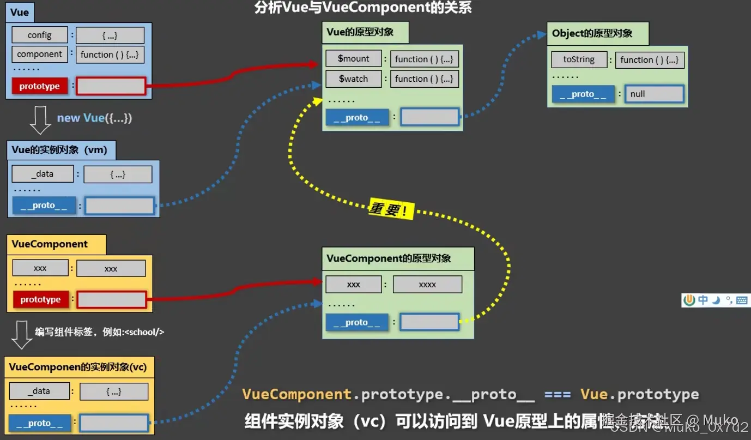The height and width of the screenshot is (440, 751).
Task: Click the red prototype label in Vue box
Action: [x=40, y=86]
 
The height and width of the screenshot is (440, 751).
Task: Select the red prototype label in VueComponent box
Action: [x=41, y=299]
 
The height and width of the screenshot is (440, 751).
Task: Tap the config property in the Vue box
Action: [x=40, y=35]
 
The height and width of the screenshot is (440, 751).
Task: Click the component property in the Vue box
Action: [x=40, y=54]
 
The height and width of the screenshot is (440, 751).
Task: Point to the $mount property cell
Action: [x=354, y=59]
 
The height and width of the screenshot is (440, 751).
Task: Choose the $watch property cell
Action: [x=354, y=79]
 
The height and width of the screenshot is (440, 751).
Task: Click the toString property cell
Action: [x=579, y=59]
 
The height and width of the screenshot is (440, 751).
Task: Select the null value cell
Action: [x=654, y=94]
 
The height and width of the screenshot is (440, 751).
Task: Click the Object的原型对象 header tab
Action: [x=597, y=33]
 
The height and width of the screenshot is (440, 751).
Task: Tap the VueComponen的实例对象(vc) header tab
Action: [x=78, y=367]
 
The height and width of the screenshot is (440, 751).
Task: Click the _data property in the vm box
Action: [x=43, y=174]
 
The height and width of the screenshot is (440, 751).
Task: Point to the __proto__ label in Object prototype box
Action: [x=583, y=94]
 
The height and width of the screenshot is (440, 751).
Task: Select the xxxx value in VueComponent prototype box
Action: [x=427, y=284]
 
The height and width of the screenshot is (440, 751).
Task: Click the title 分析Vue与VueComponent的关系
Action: [x=363, y=8]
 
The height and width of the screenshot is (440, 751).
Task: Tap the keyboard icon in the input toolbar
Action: [x=742, y=300]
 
